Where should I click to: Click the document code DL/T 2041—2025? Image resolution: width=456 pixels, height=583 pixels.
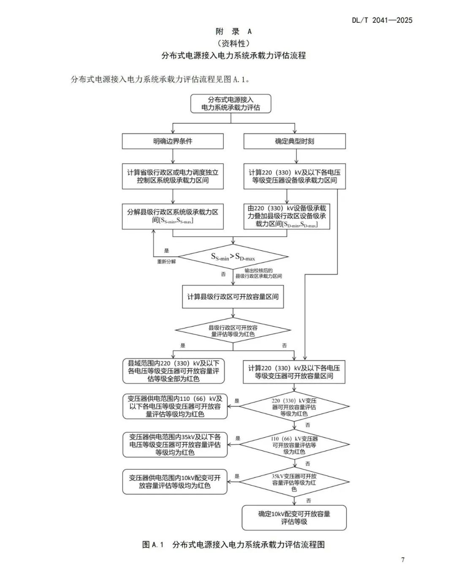click(x=382, y=20)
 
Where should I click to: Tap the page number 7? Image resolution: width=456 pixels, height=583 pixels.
click(x=403, y=560)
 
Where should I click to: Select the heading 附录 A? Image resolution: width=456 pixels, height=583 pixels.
click(x=233, y=31)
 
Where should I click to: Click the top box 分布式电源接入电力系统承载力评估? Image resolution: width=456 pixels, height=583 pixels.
click(x=231, y=104)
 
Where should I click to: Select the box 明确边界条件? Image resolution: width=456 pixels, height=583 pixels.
click(x=173, y=141)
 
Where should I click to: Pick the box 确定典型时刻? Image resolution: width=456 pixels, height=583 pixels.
click(x=294, y=141)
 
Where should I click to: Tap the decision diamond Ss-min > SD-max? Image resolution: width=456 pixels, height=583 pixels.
click(x=233, y=256)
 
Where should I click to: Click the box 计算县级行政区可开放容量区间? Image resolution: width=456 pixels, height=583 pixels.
click(x=233, y=297)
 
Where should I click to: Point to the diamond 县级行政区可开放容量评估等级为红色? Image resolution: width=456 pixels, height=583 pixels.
click(x=233, y=331)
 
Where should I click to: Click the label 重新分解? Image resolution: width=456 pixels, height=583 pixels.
click(x=166, y=261)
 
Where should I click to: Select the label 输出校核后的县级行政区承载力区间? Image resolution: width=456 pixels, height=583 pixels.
click(x=258, y=273)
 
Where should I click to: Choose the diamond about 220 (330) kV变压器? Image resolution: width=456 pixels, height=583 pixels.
click(x=294, y=407)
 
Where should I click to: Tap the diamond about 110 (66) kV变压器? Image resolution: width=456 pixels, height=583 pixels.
click(x=294, y=445)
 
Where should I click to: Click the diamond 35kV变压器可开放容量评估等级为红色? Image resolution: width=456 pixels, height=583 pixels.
click(x=294, y=483)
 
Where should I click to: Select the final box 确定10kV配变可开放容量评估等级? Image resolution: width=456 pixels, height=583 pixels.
click(x=294, y=518)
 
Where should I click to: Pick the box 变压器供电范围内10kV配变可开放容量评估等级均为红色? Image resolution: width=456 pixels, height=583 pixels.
click(x=175, y=482)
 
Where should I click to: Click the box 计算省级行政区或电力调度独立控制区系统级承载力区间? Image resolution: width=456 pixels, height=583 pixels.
click(x=173, y=176)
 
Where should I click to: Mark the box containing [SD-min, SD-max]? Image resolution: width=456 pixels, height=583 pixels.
click(x=287, y=216)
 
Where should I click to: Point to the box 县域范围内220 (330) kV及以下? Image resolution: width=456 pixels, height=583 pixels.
click(x=174, y=371)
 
